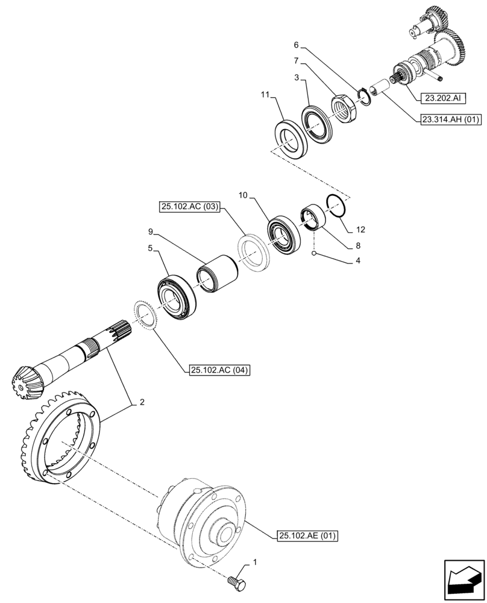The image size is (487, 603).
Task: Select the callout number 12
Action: tap(360, 229)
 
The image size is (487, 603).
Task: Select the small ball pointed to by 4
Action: tap(314, 254)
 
